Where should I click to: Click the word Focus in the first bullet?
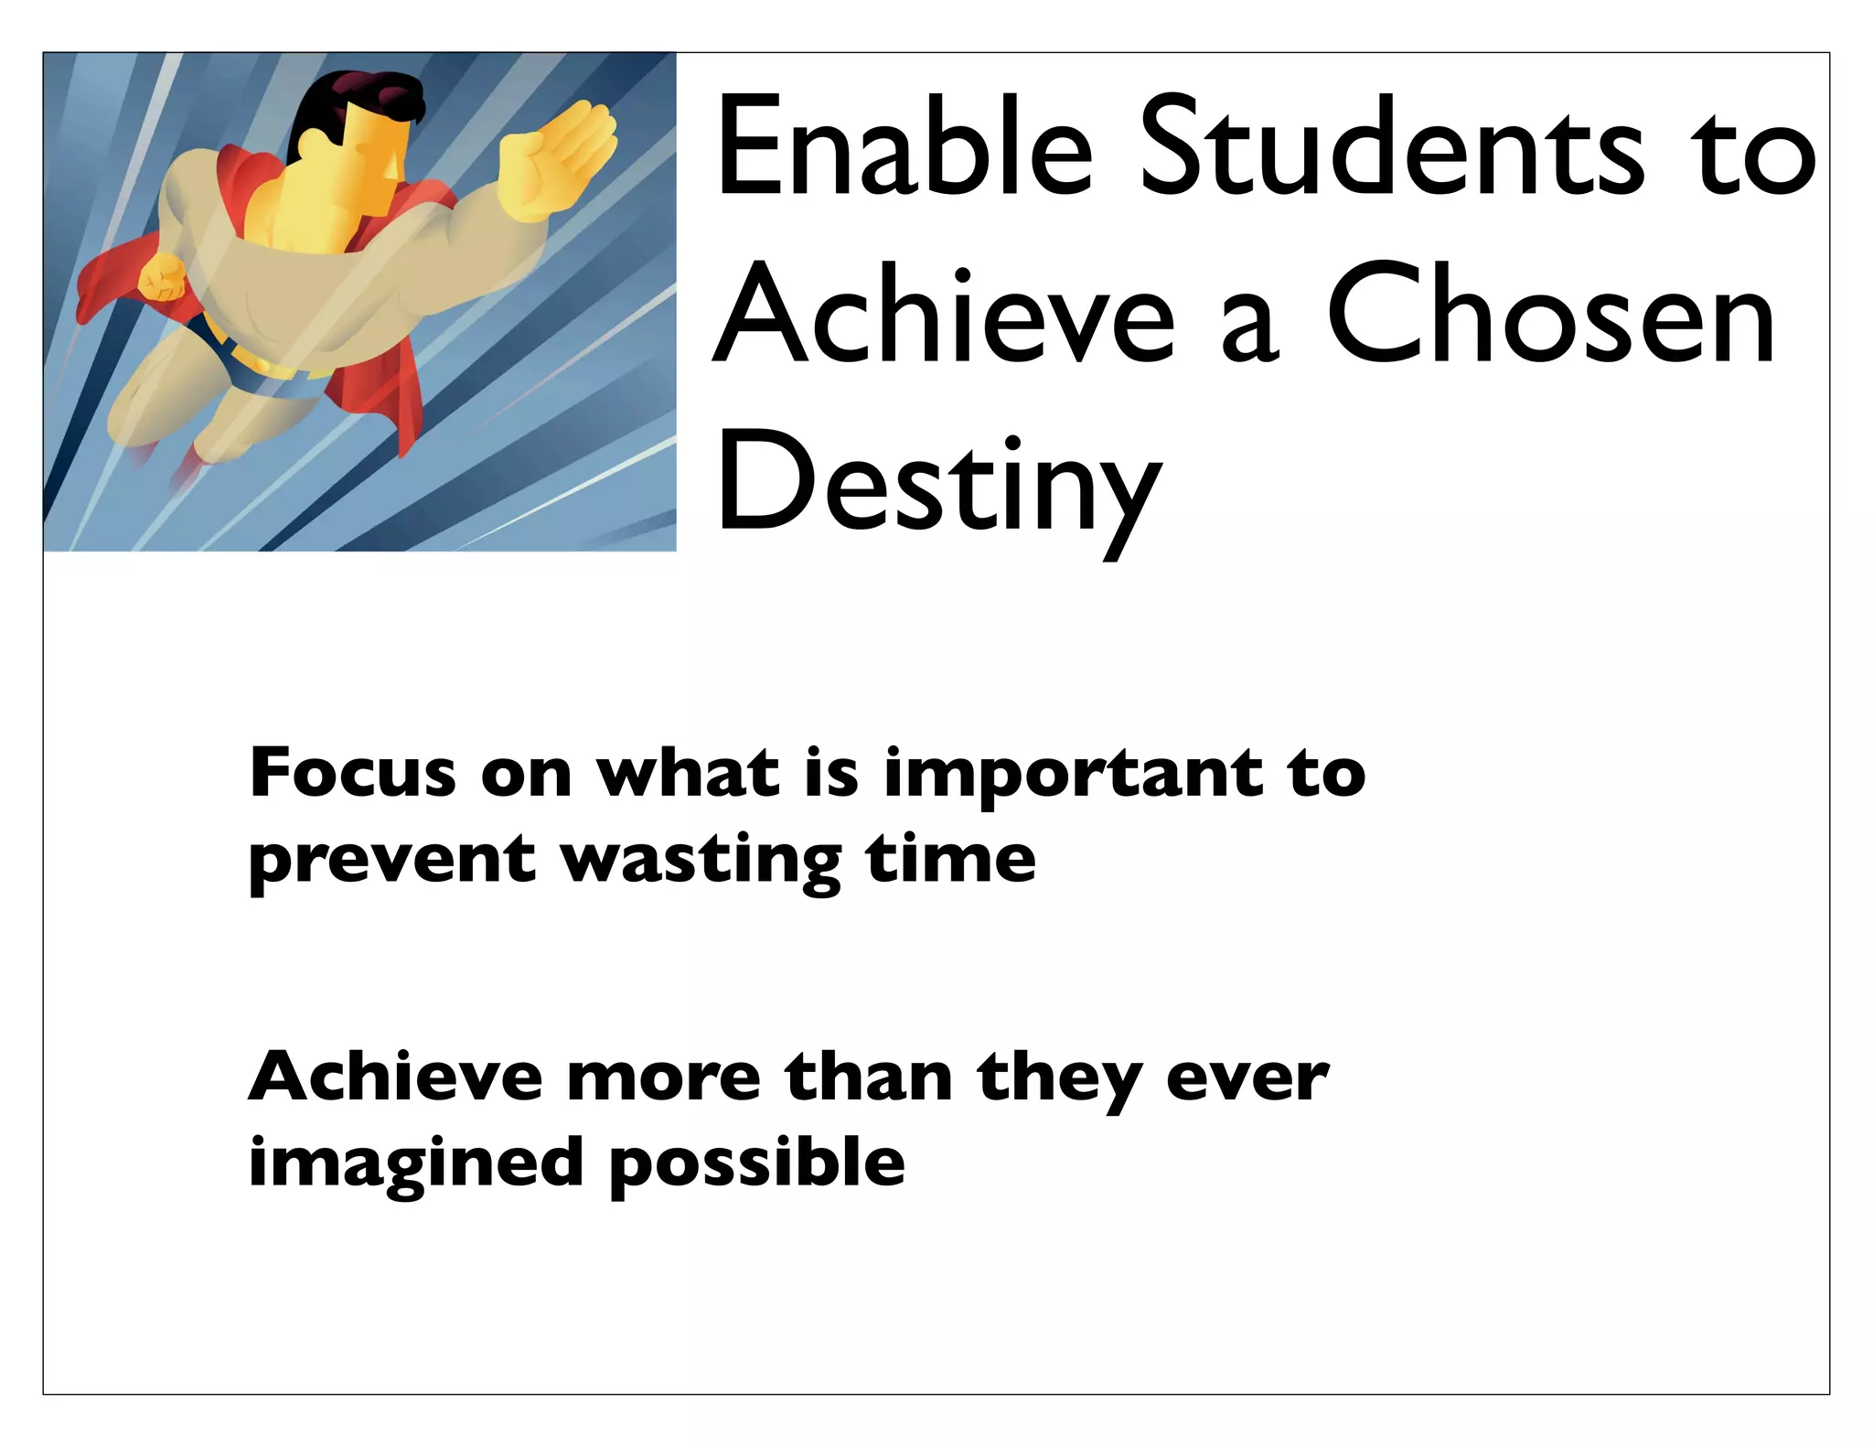(x=352, y=773)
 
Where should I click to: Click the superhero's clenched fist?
(x=161, y=277)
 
